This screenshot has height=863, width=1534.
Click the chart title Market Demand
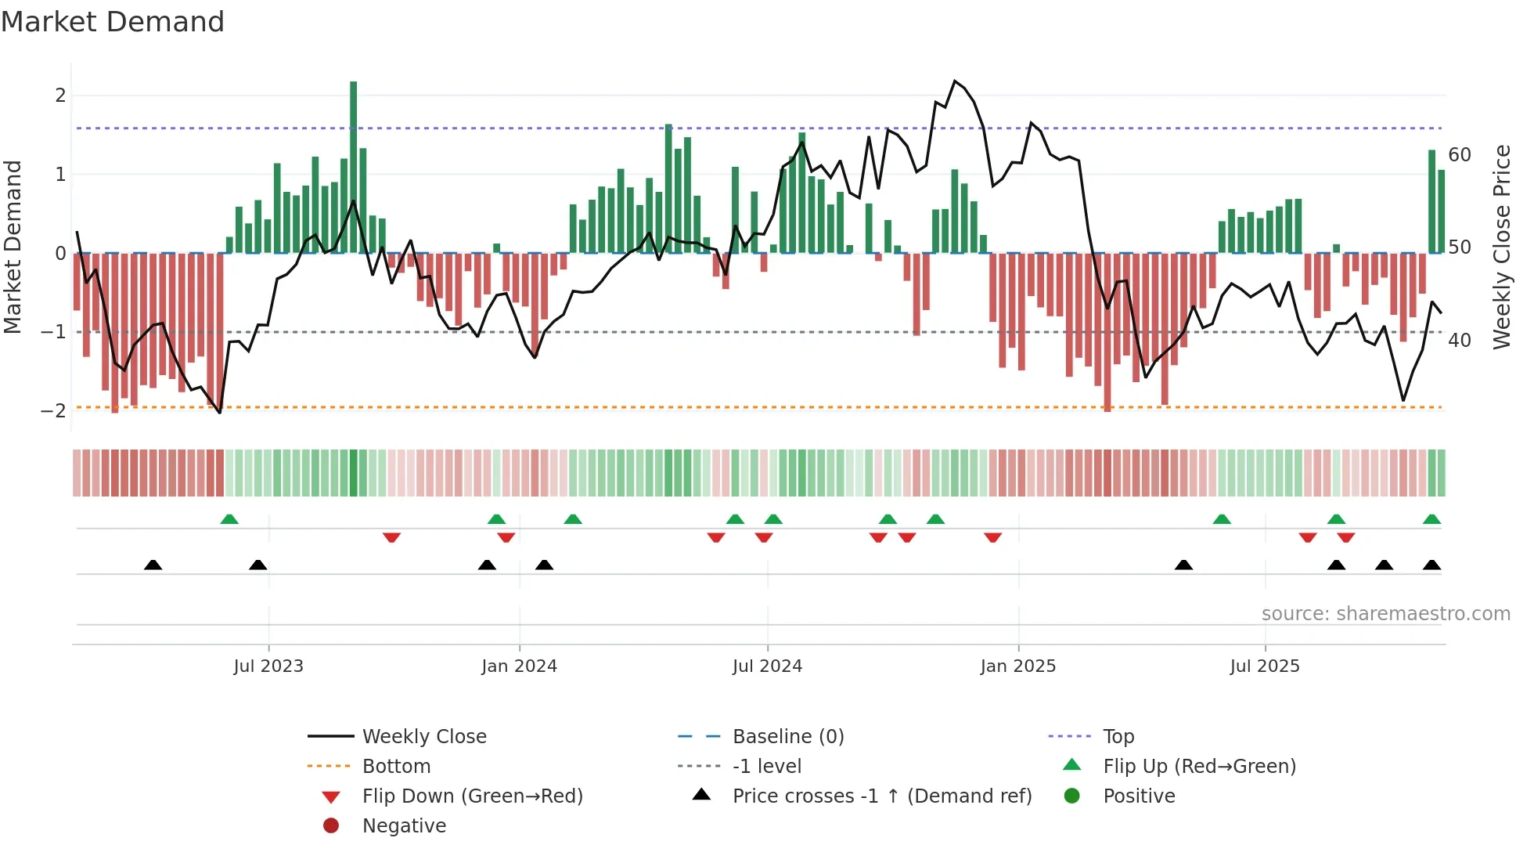tap(113, 22)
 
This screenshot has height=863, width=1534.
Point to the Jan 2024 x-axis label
tap(519, 666)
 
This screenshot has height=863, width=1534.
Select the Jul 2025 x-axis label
tap(1264, 666)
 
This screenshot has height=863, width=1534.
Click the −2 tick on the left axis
tap(53, 411)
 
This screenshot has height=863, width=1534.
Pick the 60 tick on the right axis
tap(1459, 155)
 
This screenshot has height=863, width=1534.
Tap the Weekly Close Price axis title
tap(1501, 247)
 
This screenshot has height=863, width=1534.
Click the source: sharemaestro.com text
tap(1385, 614)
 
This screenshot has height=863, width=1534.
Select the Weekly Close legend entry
tap(423, 737)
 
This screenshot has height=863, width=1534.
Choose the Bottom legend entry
tap(396, 767)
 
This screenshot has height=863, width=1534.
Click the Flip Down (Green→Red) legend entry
tap(472, 796)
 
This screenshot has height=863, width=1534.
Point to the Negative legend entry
tap(404, 826)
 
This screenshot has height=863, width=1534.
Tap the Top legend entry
tap(1118, 737)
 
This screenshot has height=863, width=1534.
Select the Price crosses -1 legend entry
tap(881, 796)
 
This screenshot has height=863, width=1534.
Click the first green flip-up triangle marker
tap(229, 519)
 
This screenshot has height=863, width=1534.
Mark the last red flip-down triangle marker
tap(1346, 537)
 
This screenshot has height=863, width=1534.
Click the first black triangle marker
tap(153, 565)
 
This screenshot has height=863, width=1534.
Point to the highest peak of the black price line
tap(955, 81)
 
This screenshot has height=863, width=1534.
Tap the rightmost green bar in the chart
tap(1441, 211)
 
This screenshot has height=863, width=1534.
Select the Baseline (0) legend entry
tap(787, 737)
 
